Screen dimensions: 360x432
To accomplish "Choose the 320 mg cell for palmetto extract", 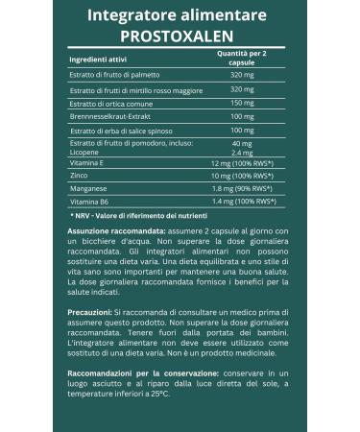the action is coord(242,75).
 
